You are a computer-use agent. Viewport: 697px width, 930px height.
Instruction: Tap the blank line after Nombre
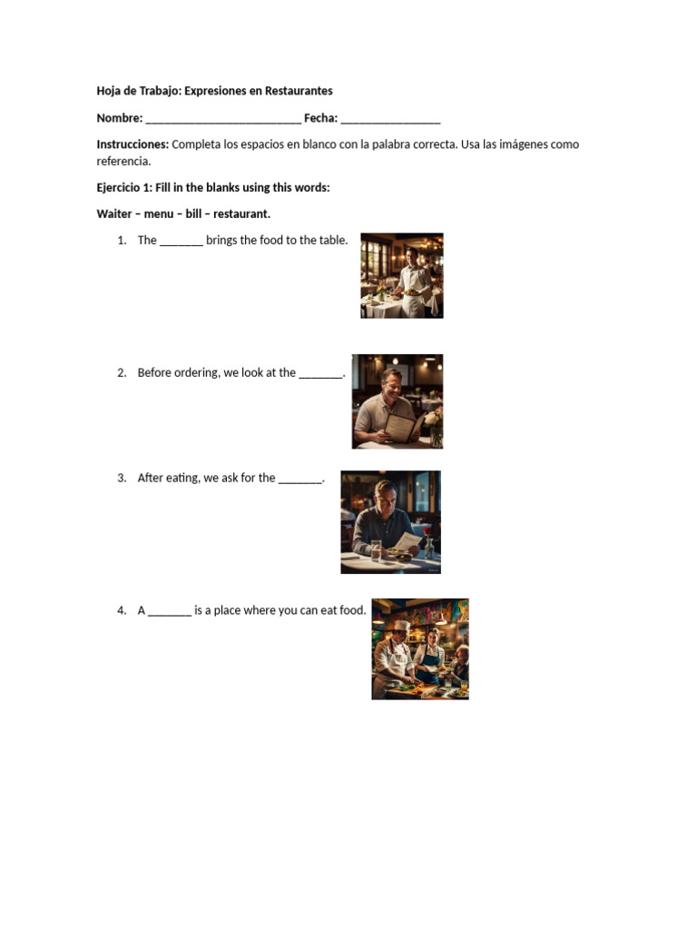click(223, 119)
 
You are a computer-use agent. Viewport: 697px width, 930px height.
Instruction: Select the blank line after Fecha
click(390, 119)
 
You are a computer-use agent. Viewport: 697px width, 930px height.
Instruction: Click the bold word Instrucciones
click(133, 144)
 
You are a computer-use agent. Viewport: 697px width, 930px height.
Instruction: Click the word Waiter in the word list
click(114, 214)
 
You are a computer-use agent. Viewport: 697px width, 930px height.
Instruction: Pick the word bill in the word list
click(192, 214)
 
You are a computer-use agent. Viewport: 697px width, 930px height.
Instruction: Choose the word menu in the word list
click(158, 214)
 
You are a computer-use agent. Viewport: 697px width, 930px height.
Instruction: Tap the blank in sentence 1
click(182, 242)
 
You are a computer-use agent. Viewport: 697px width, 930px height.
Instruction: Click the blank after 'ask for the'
click(300, 479)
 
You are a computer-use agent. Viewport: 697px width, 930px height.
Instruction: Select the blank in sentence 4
click(170, 611)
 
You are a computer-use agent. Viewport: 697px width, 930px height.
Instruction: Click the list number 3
click(121, 479)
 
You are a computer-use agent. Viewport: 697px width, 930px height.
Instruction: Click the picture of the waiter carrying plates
click(402, 275)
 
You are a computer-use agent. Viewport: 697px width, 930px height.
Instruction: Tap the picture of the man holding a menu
click(398, 401)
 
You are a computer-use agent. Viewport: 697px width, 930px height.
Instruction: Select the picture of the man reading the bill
click(390, 522)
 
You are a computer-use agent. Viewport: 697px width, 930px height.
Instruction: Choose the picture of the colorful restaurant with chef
click(420, 648)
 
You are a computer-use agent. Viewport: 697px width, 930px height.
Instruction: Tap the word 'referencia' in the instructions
click(123, 162)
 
